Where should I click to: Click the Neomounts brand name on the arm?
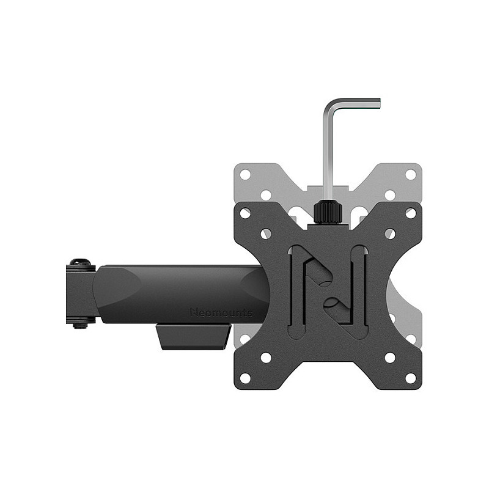click(221, 312)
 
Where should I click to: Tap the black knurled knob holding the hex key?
click(328, 212)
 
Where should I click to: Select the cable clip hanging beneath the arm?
click(194, 337)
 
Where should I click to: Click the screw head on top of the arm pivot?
click(81, 262)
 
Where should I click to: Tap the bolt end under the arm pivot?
click(81, 326)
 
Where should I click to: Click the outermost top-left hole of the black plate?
click(245, 213)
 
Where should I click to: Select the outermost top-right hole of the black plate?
click(411, 213)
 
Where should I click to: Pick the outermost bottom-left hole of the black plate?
click(245, 378)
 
